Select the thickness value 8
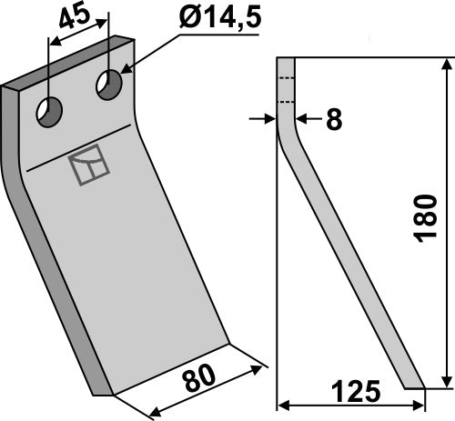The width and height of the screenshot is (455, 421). click(x=333, y=119)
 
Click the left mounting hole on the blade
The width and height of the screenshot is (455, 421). click(x=48, y=113)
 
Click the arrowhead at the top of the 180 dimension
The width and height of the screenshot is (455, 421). click(x=446, y=64)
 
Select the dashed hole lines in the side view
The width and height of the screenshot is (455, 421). click(x=287, y=90)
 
